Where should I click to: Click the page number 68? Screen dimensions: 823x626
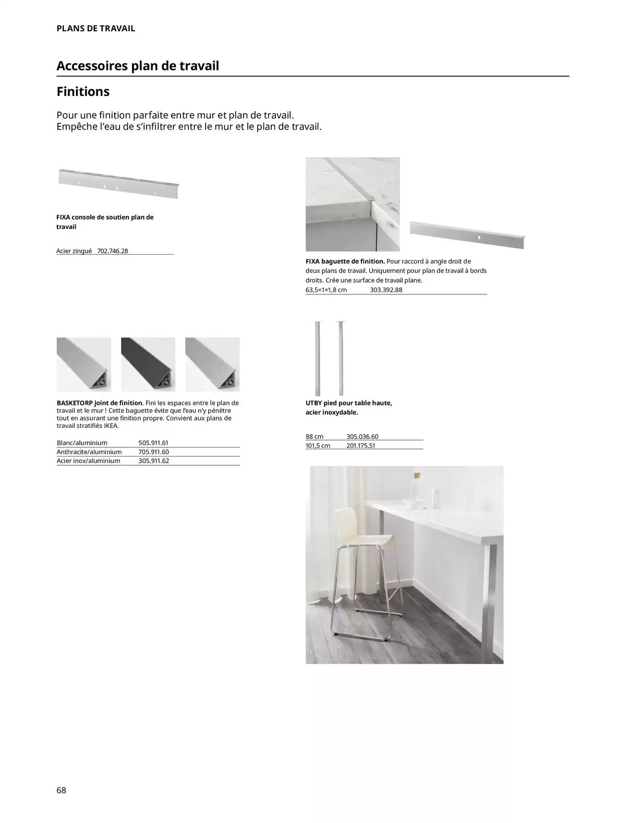click(x=62, y=790)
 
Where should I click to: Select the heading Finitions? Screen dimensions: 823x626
click(x=83, y=92)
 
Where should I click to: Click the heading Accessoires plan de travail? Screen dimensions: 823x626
click(x=138, y=66)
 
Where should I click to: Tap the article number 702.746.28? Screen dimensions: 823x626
click(x=113, y=251)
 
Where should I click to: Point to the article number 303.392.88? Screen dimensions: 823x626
click(x=386, y=290)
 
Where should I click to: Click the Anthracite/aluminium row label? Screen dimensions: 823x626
click(x=89, y=452)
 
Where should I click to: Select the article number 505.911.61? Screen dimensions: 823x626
click(x=153, y=443)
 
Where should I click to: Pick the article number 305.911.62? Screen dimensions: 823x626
click(x=154, y=461)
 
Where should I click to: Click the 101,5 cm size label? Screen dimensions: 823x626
click(x=318, y=446)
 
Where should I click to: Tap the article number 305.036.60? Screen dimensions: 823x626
click(x=362, y=437)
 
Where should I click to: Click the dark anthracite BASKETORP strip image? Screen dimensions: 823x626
click(x=148, y=364)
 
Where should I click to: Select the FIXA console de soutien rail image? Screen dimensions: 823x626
click(x=118, y=183)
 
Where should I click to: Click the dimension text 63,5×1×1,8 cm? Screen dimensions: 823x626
click(x=326, y=290)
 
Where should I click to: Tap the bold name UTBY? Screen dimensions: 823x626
click(x=315, y=403)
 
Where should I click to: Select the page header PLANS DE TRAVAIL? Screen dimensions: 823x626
click(x=95, y=29)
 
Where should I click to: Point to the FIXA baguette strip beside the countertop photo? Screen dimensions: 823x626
click(x=467, y=235)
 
